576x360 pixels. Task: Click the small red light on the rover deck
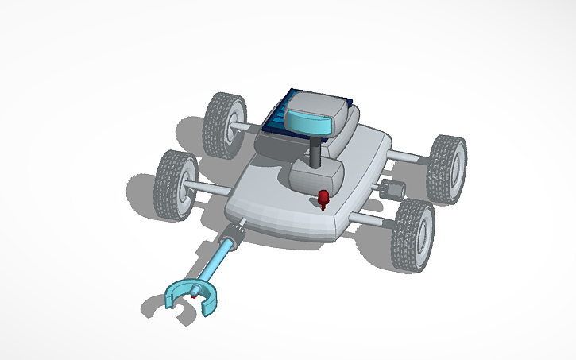pyautogui.click(x=323, y=197)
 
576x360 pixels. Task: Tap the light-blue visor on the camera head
pyautogui.click(x=309, y=121)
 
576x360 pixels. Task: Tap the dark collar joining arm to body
pyautogui.click(x=235, y=235)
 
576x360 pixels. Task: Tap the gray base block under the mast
pyautogui.click(x=315, y=176)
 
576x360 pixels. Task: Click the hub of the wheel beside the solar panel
pyautogui.click(x=231, y=126)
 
